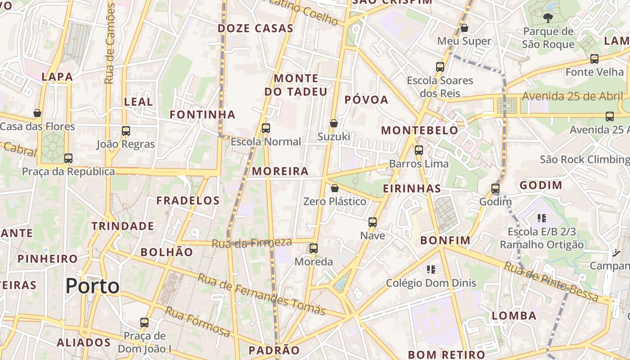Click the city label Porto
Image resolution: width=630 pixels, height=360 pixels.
tap(93, 286)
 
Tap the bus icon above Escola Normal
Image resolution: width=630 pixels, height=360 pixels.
tap(266, 128)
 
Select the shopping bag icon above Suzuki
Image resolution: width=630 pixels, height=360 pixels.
tap(334, 123)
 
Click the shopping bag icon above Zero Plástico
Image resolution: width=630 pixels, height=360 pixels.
tap(334, 188)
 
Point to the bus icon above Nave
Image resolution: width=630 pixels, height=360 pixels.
tap(373, 222)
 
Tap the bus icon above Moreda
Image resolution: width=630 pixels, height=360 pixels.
tap(314, 248)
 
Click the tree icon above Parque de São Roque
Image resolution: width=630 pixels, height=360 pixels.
tap(548, 18)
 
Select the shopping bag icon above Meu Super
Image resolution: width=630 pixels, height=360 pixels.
tap(464, 28)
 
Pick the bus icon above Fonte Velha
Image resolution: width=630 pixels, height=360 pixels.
tap(594, 58)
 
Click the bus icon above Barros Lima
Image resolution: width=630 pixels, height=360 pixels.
tap(419, 150)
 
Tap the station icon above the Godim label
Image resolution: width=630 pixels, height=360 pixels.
tap(495, 189)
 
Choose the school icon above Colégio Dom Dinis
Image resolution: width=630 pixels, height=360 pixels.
tap(431, 270)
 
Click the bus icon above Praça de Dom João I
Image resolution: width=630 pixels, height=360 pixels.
tap(144, 322)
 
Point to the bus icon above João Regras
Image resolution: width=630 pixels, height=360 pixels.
tap(126, 131)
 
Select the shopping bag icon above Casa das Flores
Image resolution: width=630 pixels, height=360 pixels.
tap(37, 113)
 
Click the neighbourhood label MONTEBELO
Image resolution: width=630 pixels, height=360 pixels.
tap(419, 130)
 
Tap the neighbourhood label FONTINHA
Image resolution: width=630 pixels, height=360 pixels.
tap(202, 115)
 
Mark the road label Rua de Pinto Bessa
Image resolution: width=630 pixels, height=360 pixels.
tap(551, 282)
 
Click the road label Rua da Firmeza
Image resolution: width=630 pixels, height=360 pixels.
tap(252, 243)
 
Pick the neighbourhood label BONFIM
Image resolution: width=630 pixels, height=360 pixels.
tap(445, 241)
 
